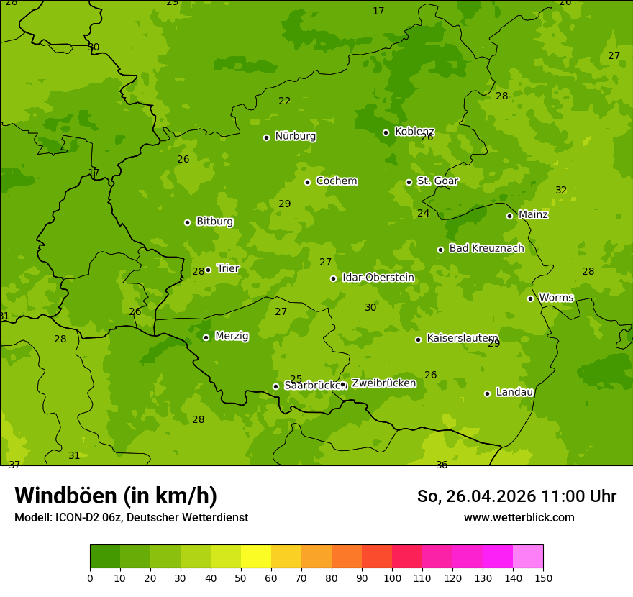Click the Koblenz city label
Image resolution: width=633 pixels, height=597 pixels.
[414, 132]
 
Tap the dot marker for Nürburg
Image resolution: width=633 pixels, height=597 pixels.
[266, 137]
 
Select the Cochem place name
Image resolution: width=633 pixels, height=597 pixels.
[336, 181]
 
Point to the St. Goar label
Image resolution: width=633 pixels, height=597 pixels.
[437, 181]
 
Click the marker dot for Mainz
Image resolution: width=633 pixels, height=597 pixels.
[509, 216]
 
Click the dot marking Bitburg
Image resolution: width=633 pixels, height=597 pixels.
[187, 222]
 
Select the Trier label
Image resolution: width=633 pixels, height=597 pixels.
[228, 269]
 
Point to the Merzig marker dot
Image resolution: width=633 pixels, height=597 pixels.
[206, 337]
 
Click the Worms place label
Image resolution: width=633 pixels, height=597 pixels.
[556, 298]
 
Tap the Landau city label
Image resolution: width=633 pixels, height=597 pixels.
[514, 393]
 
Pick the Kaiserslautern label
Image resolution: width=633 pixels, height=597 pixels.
[463, 338]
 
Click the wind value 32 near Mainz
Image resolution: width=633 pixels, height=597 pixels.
[561, 191]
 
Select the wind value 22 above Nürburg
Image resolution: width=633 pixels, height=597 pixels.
[285, 101]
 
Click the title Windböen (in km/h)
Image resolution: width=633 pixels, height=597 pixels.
[116, 496]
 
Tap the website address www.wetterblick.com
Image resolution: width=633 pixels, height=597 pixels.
[519, 518]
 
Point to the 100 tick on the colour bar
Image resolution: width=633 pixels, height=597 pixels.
[392, 578]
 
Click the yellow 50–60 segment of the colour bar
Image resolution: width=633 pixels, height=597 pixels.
[256, 557]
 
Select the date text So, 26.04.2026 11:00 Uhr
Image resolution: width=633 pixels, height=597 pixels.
[516, 496]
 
